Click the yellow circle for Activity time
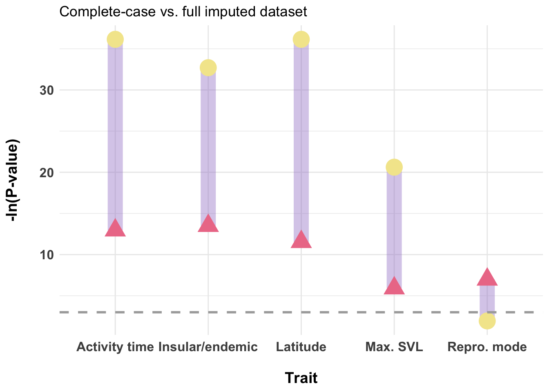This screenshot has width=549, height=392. (115, 39)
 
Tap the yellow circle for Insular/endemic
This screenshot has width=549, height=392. (208, 67)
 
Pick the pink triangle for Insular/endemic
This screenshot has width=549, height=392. (208, 224)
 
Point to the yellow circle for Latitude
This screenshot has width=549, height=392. (301, 39)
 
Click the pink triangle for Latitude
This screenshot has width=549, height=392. (301, 240)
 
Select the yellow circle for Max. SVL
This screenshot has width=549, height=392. (394, 167)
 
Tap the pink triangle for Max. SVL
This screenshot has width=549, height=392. (394, 286)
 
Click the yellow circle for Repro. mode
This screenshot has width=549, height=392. (487, 321)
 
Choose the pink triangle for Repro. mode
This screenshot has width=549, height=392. (487, 278)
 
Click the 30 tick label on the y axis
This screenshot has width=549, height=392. (47, 90)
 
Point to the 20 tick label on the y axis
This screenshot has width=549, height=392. (47, 172)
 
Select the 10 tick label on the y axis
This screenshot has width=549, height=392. (47, 255)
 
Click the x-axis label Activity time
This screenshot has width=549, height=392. (115, 347)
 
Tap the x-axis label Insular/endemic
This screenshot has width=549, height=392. (208, 347)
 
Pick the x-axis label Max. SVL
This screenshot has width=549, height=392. (394, 347)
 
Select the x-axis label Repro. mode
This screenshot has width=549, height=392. (487, 347)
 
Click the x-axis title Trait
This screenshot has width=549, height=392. (301, 378)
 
